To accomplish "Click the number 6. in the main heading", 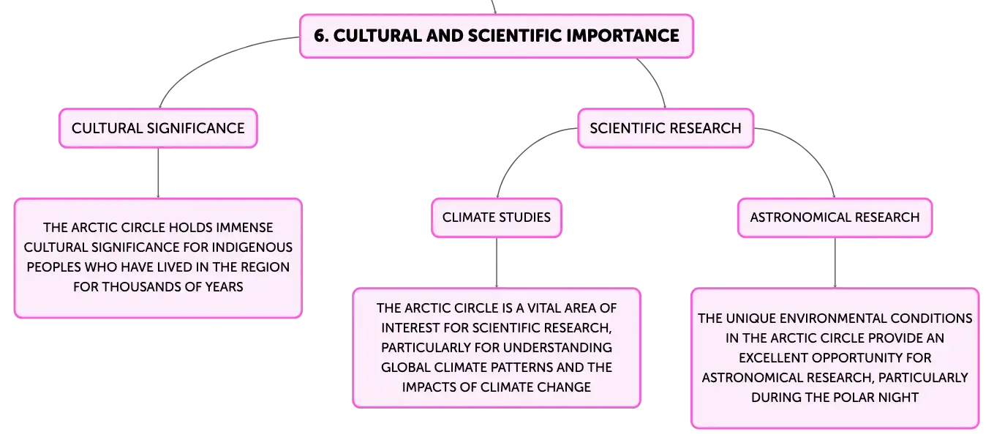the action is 321,36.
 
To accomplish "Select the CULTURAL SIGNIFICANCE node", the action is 158,128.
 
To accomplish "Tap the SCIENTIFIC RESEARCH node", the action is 666,128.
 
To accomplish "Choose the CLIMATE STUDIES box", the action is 497,217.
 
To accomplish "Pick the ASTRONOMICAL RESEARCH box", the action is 835,217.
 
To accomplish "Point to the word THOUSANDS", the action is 140,286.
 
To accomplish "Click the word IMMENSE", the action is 244,228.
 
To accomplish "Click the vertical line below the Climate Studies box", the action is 497,263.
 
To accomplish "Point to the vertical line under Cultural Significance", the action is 158,173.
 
